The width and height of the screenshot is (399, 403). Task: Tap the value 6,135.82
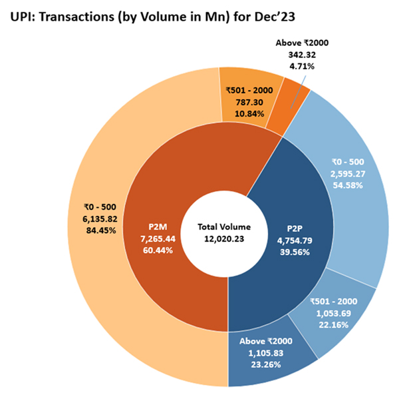[x=96, y=218]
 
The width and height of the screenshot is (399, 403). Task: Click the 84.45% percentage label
[x=96, y=230]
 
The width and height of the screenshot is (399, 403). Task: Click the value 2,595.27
[x=347, y=173]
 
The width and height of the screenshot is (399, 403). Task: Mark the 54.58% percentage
[x=347, y=185]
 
